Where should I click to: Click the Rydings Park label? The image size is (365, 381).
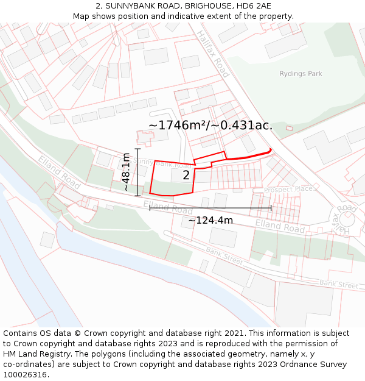[301, 74]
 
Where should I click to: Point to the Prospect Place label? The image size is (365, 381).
[288, 190]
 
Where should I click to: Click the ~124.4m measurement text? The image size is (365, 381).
[210, 220]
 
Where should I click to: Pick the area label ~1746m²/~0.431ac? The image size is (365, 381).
[210, 125]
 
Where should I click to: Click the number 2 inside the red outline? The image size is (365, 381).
[186, 176]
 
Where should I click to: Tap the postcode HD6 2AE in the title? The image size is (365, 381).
[254, 5]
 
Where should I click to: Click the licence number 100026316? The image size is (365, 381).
[26, 375]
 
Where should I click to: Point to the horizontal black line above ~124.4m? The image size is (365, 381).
[210, 208]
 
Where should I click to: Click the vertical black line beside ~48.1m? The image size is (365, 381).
[138, 173]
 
